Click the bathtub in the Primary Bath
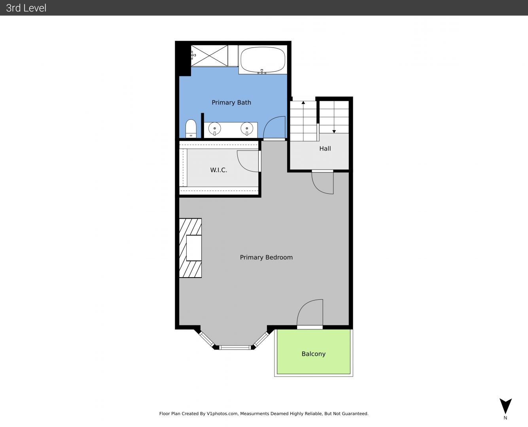coord(263,59)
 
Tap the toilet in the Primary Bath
coord(191,128)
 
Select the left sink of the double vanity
coord(215,129)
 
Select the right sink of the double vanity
coord(247,129)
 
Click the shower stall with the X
coord(210,56)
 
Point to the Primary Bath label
coord(231,103)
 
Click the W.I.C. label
coord(219,170)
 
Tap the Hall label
coord(325,148)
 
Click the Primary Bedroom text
coord(266,257)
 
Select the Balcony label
coord(314,354)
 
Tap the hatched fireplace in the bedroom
coord(190,248)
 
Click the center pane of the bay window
coord(235,348)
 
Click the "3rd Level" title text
coord(26,8)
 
